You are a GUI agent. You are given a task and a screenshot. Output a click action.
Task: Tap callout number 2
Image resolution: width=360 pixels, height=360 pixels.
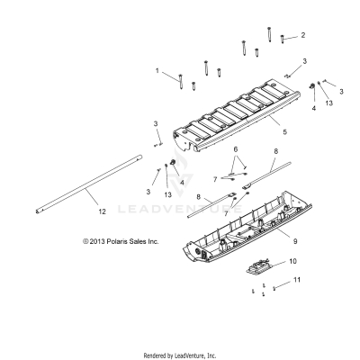click(302, 35)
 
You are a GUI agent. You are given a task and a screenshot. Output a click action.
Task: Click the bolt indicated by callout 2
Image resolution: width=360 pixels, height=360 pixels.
click(284, 39)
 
